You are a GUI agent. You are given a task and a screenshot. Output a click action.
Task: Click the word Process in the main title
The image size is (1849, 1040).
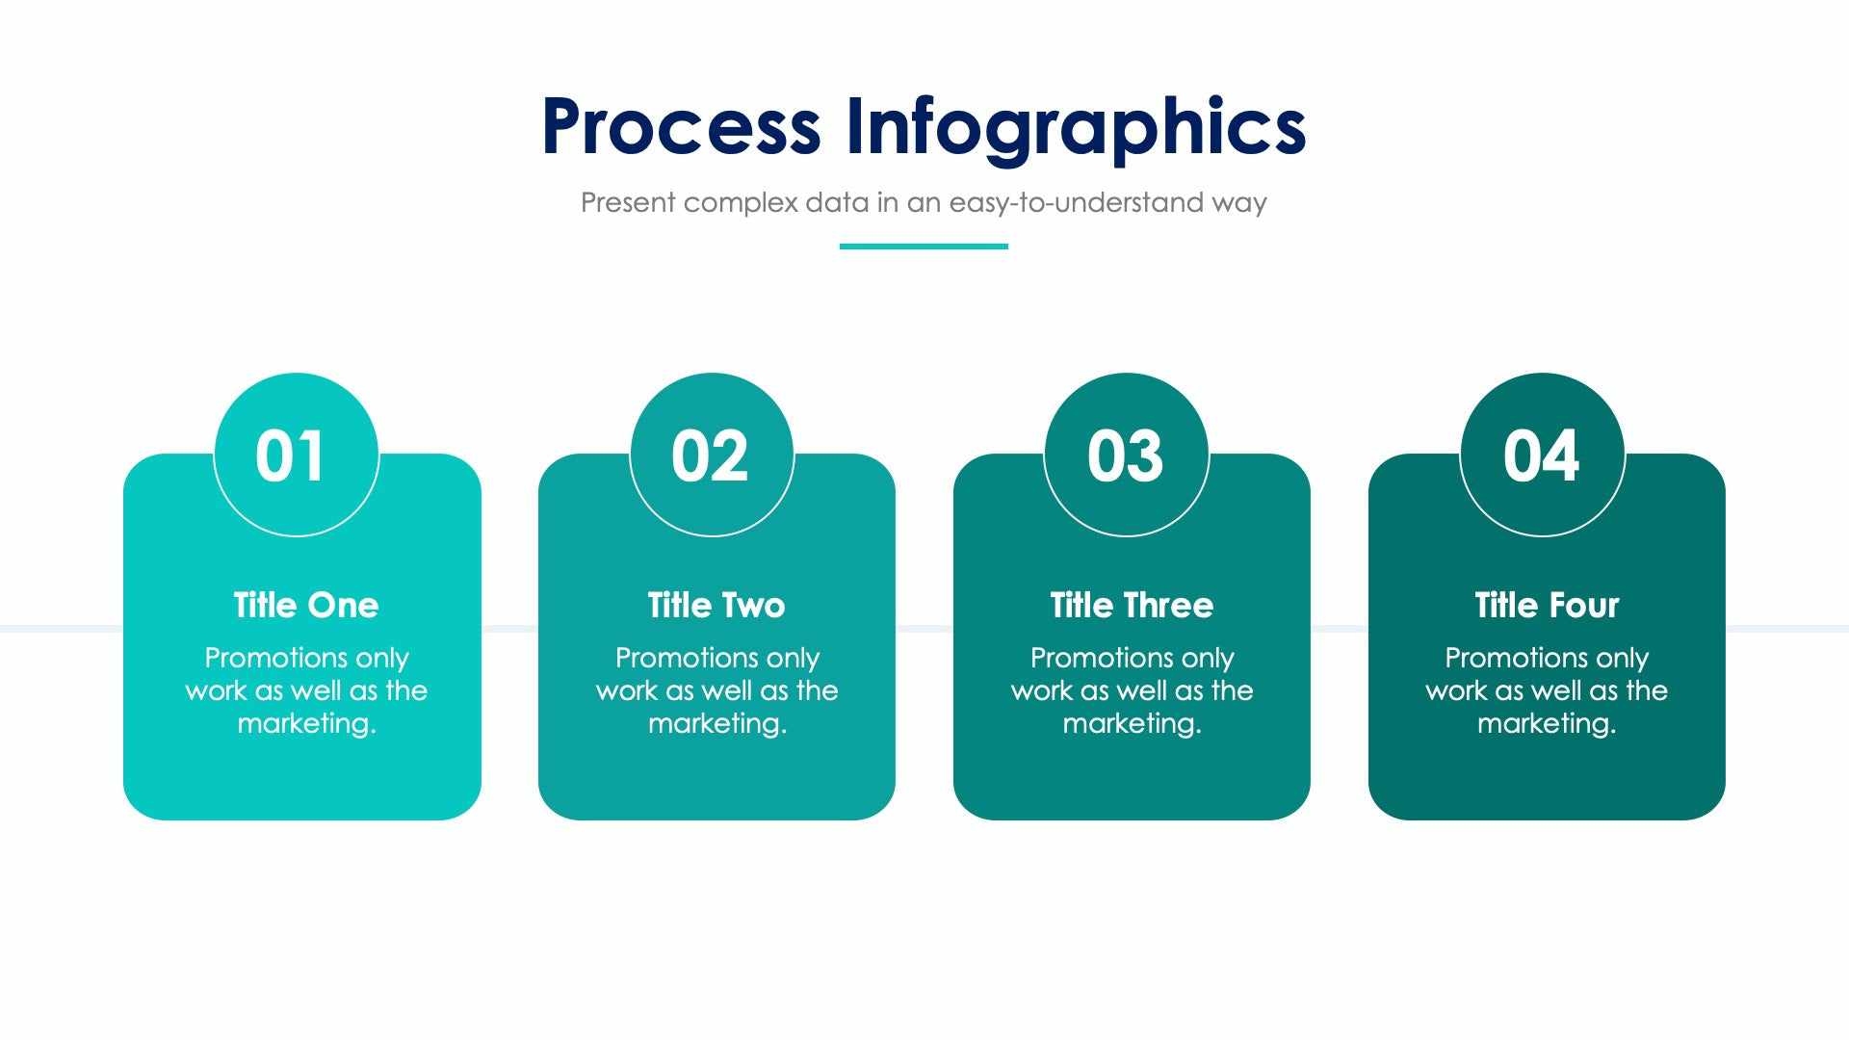[681, 126]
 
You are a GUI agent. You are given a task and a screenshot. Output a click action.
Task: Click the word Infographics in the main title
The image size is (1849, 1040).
[1076, 126]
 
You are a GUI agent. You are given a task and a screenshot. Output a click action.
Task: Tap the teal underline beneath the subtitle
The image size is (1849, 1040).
[924, 247]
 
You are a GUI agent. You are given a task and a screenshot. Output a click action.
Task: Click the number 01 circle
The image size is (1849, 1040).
[296, 455]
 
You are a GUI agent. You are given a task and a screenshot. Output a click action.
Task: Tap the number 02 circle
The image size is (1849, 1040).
[712, 455]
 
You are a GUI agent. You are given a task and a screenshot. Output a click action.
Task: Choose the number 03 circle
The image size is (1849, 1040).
[1126, 455]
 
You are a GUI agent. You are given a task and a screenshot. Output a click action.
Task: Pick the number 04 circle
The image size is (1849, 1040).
[1542, 455]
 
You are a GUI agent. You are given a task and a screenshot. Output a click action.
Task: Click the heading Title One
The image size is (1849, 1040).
[306, 606]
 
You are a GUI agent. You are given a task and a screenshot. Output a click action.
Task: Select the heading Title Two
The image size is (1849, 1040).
[716, 606]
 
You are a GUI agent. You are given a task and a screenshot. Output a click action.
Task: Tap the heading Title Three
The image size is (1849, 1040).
[1132, 606]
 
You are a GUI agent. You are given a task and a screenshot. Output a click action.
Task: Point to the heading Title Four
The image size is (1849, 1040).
[1547, 606]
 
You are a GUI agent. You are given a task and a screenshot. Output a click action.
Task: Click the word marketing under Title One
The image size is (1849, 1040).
[305, 723]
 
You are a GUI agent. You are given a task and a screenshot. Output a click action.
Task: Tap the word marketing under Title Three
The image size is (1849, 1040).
[1131, 723]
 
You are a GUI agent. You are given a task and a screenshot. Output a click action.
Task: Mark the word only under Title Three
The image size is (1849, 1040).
[1208, 659]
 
